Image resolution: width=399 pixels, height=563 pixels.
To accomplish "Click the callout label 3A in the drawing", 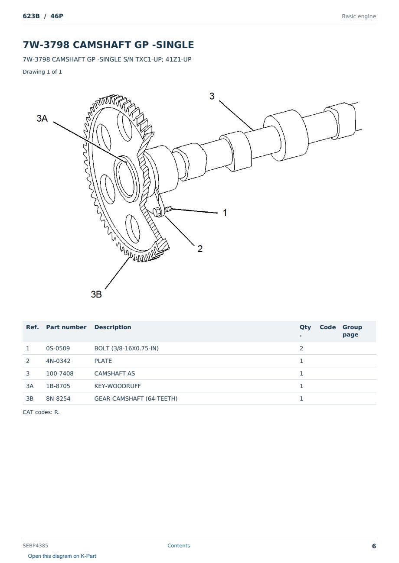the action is (x=42, y=118).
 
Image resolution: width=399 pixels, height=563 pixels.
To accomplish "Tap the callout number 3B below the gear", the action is (x=96, y=294).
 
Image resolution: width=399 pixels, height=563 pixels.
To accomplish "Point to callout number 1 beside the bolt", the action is (x=225, y=213).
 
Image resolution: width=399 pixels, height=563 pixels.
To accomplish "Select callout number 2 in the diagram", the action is (x=200, y=249).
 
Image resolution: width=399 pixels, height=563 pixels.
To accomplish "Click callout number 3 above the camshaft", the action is (x=212, y=96).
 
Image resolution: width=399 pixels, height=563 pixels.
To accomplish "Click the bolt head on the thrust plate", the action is (x=157, y=212).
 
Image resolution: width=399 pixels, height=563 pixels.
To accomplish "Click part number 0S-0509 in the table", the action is (x=58, y=348).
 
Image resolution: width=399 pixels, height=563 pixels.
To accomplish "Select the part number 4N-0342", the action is (x=58, y=361).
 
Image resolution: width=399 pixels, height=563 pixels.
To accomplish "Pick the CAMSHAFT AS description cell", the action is (x=114, y=373).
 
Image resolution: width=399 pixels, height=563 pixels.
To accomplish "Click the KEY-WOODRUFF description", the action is (x=117, y=386).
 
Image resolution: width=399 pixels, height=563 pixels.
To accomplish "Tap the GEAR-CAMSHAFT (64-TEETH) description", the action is (x=136, y=398).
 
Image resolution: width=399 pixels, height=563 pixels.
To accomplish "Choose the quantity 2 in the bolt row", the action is (x=301, y=348).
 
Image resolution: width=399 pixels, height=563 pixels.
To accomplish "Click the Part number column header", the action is (x=66, y=327).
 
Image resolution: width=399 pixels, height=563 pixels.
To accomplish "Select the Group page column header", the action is (x=352, y=331).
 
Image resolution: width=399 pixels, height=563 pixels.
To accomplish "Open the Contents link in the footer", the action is (x=179, y=546).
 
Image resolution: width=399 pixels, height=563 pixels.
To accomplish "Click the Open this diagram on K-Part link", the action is (x=62, y=556).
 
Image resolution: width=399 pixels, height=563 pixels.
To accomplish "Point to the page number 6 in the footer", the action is (x=374, y=546).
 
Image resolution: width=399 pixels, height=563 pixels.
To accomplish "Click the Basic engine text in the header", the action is (x=359, y=16).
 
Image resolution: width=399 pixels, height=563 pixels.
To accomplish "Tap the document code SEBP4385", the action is (x=35, y=546).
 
